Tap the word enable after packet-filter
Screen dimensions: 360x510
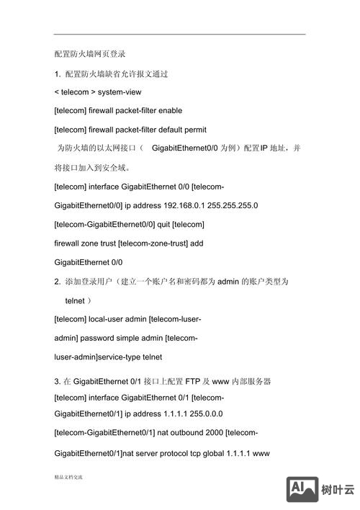168,111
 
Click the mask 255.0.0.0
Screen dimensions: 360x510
200,413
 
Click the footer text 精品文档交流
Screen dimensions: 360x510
68,477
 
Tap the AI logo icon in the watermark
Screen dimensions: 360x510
303,490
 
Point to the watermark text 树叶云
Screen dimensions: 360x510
338,490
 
